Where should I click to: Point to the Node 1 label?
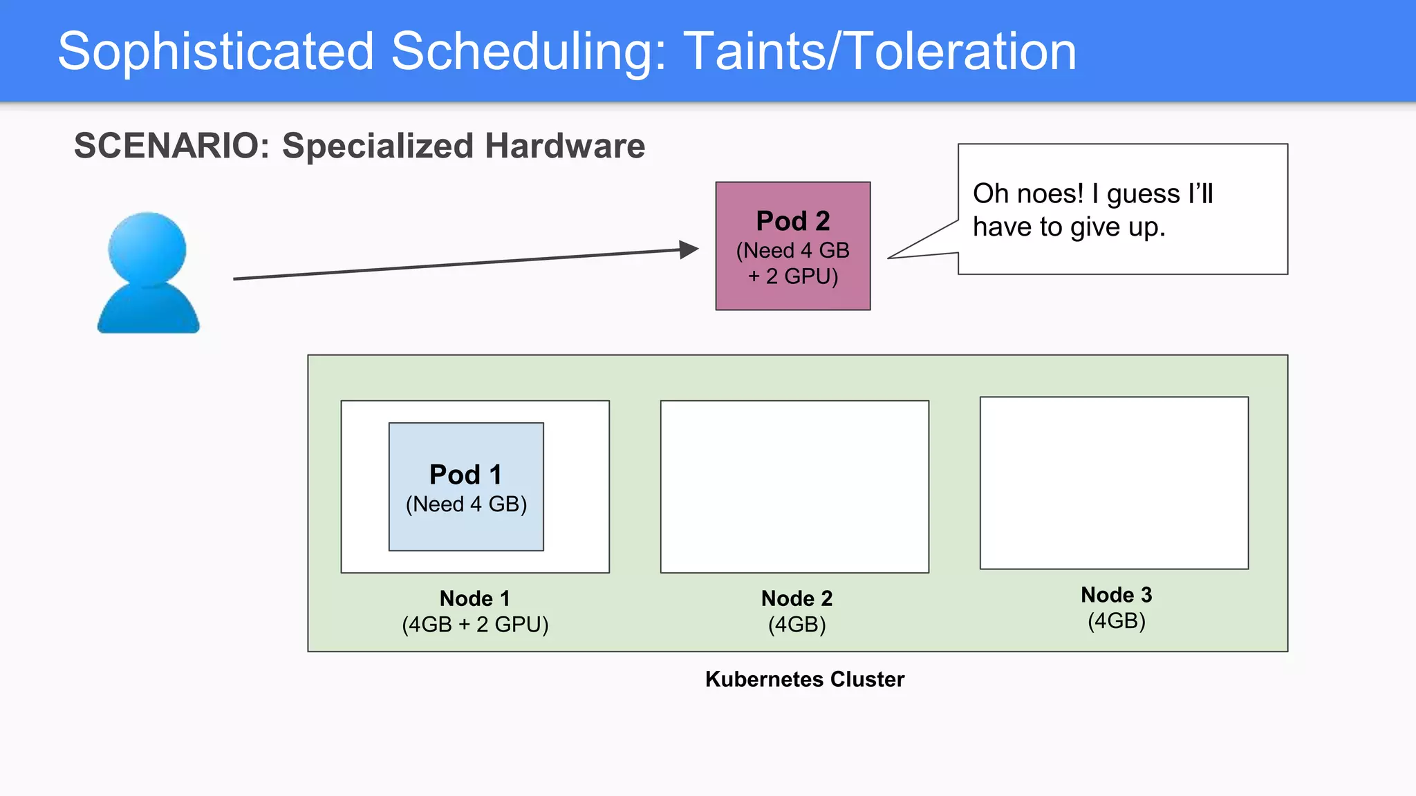click(x=474, y=598)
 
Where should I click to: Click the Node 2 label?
click(x=796, y=598)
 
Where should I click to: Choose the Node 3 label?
click(x=1116, y=595)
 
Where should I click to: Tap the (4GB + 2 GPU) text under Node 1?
click(x=475, y=625)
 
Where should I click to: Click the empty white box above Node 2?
click(x=794, y=486)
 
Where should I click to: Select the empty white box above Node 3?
click(x=1114, y=483)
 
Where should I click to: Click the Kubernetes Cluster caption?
click(x=804, y=679)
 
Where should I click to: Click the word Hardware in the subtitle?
click(x=564, y=146)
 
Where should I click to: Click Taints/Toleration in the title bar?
click(x=879, y=51)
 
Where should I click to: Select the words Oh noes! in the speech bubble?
click(x=1027, y=194)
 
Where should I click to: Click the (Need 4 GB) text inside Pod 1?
click(x=466, y=504)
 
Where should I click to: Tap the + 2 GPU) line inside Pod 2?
click(x=792, y=276)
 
